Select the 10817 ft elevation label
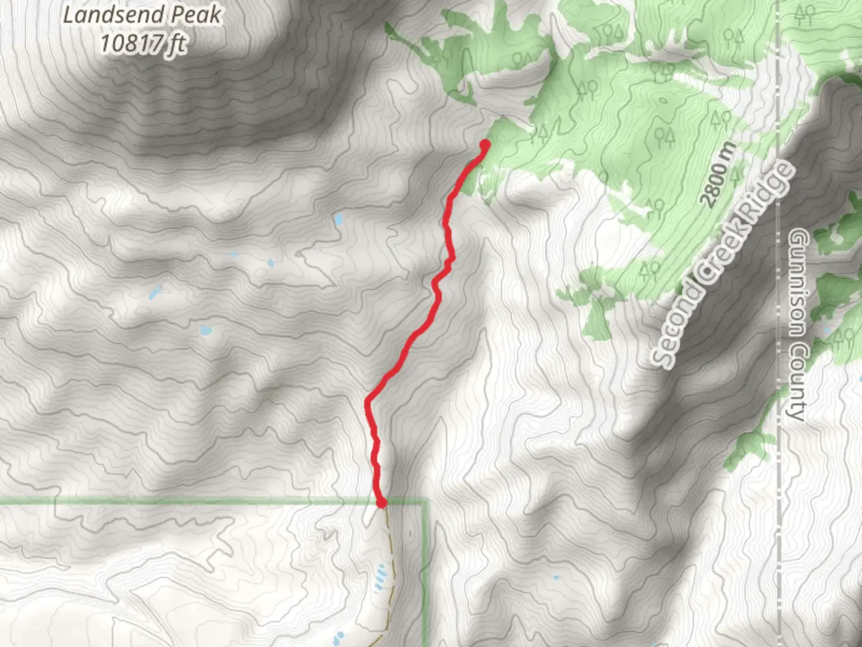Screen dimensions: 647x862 [143, 44]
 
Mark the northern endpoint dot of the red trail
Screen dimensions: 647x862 [485, 144]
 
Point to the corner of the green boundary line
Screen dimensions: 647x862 [426, 502]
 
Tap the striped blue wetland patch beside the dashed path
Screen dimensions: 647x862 [381, 578]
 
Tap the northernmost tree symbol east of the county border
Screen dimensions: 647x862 [805, 14]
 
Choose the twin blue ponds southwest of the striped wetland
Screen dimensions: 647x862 [338, 636]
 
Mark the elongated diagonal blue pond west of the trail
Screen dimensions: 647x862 [156, 293]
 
